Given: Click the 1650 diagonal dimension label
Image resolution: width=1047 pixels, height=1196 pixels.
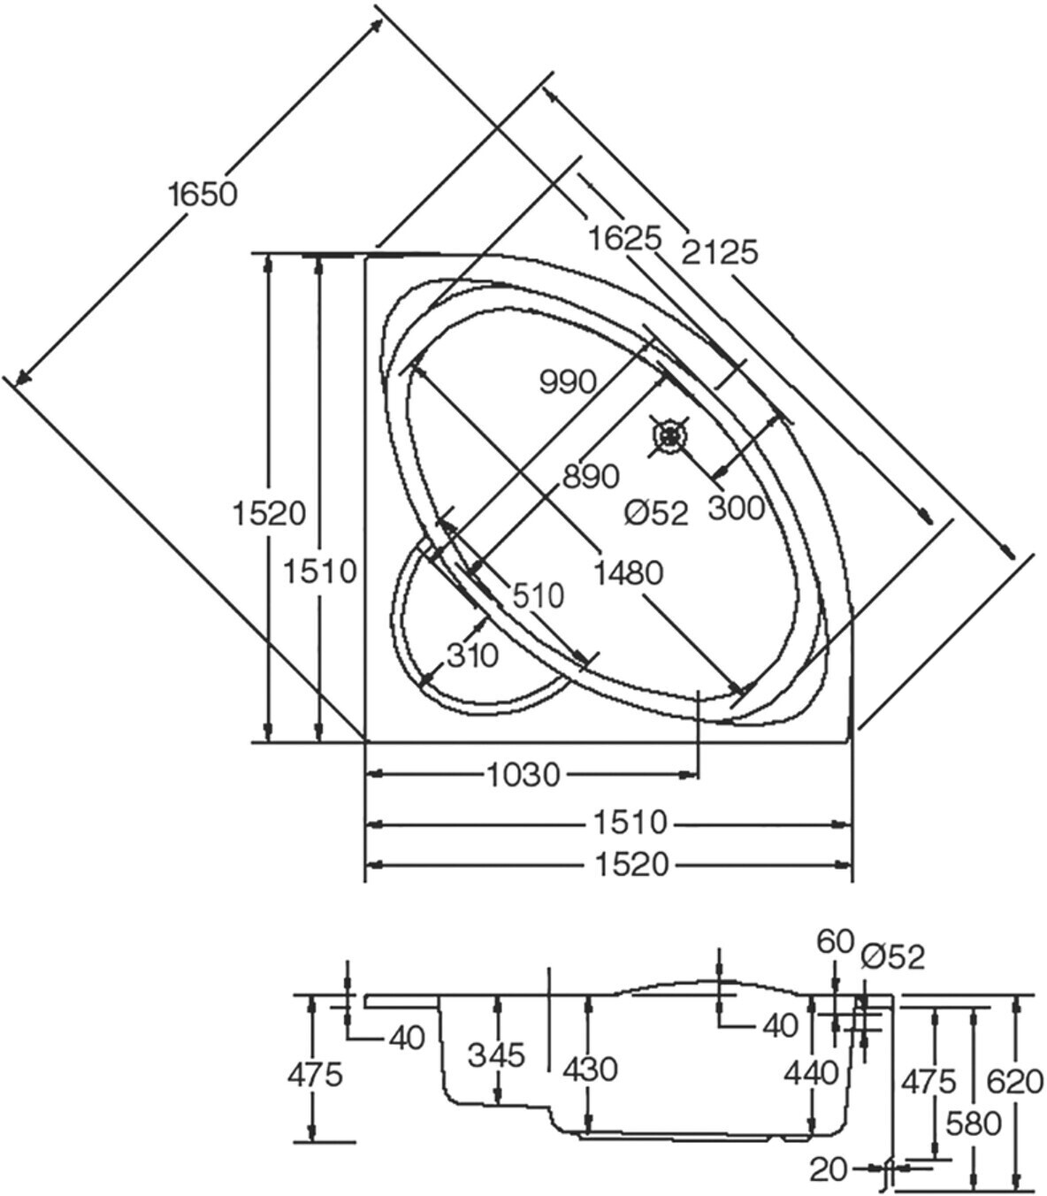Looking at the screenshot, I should click(x=203, y=193).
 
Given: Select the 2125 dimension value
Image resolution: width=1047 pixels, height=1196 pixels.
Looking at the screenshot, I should click(x=720, y=252).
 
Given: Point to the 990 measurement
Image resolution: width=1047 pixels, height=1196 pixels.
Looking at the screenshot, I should click(x=568, y=382).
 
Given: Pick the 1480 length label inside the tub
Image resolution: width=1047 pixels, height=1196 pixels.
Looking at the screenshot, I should click(x=628, y=572).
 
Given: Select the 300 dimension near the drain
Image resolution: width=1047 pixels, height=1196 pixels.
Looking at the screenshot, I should click(x=736, y=508).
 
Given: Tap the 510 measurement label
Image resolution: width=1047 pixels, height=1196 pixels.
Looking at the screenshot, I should click(x=539, y=595).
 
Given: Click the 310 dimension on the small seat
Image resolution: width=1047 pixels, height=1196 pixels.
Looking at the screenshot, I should click(x=473, y=655).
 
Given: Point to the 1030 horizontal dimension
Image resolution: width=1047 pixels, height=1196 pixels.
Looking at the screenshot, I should click(x=523, y=775).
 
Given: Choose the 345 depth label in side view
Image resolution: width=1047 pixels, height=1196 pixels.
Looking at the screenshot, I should click(x=496, y=1054).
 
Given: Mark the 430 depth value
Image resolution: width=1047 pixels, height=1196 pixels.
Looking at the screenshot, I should click(x=589, y=1069).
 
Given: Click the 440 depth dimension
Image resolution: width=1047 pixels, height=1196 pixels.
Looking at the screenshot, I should click(x=811, y=1073).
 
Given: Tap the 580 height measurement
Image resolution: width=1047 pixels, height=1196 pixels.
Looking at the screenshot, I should click(x=973, y=1123).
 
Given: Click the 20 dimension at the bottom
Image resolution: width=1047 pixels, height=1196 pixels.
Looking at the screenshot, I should click(x=829, y=1169).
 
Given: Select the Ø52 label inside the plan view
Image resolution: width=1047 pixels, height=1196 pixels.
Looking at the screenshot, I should click(x=654, y=512).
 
